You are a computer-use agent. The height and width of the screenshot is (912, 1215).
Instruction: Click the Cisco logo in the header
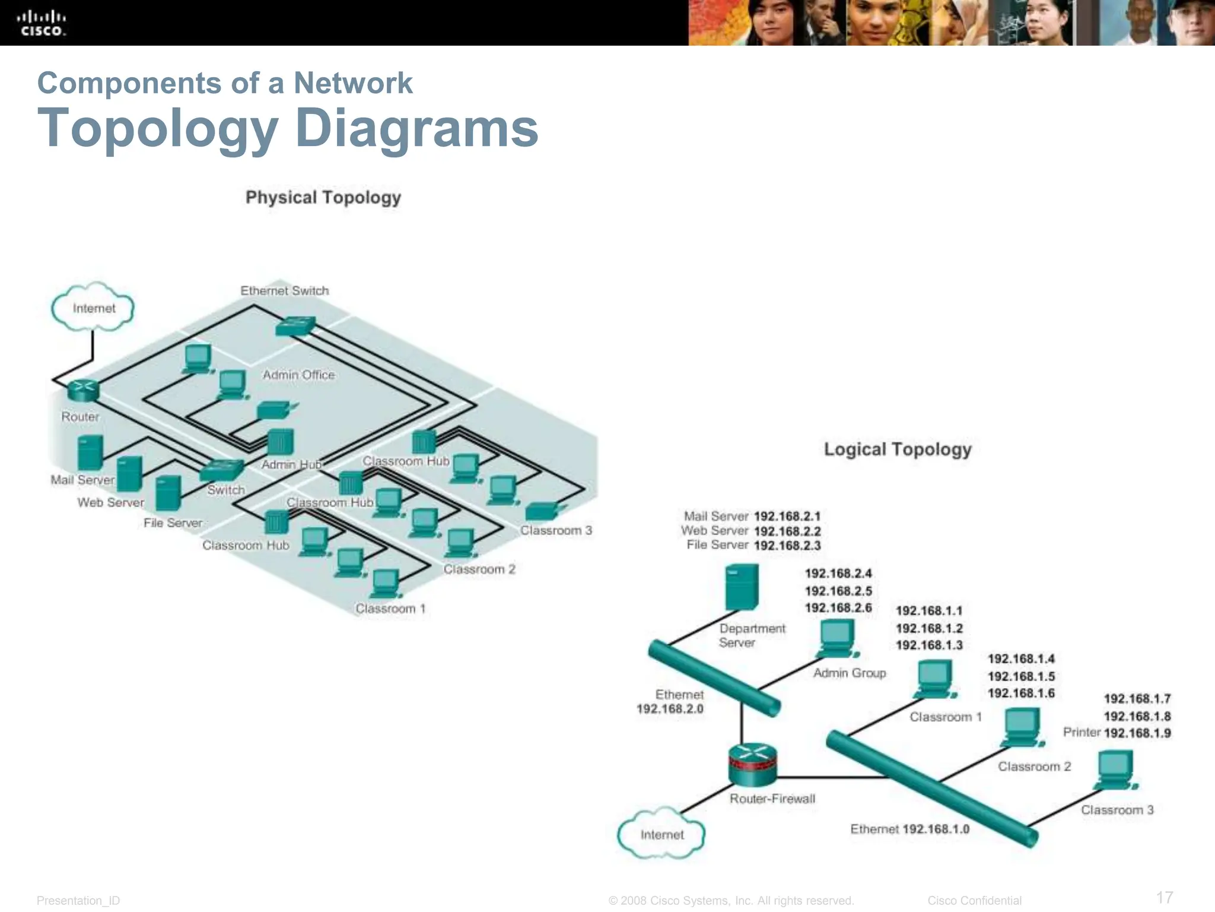click(x=41, y=23)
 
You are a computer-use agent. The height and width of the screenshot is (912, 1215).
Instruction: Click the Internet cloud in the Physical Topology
click(x=93, y=308)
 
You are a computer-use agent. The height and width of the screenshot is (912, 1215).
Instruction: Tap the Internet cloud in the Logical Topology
click(x=661, y=834)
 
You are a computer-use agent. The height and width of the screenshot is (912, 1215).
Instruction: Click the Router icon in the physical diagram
click(x=82, y=390)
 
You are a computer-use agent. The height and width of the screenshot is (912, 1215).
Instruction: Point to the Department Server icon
click(x=742, y=587)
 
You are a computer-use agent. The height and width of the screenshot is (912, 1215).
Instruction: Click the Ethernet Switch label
click(x=284, y=290)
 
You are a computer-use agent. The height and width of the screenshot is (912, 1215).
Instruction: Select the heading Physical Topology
click(x=323, y=197)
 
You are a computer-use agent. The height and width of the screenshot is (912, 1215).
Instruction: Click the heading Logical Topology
click(x=897, y=449)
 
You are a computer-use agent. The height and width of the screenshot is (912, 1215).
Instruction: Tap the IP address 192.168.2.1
click(x=787, y=516)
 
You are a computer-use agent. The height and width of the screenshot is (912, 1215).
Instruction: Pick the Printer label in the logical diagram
click(x=1082, y=732)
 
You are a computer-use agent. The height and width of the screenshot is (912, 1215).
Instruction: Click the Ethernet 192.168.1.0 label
click(x=909, y=829)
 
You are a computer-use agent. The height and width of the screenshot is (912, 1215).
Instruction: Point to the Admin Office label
click(x=298, y=375)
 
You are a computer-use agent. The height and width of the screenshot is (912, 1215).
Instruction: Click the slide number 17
click(x=1165, y=897)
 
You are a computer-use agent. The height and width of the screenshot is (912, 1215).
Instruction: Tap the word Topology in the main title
click(x=158, y=128)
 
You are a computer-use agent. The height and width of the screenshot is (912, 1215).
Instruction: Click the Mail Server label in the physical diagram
click(x=82, y=480)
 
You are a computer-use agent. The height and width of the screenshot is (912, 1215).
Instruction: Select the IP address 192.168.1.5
click(x=1020, y=676)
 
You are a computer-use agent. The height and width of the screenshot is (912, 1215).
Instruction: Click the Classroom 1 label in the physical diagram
click(x=390, y=609)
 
